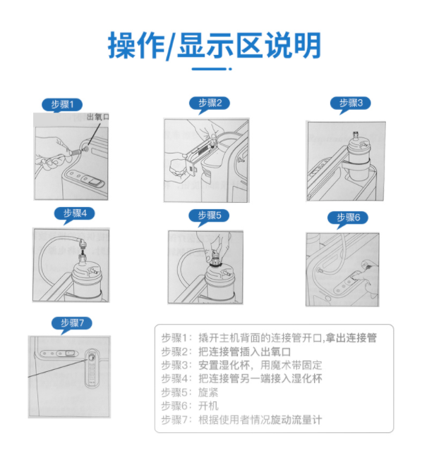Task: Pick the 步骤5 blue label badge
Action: [x=209, y=215]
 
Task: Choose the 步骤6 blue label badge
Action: [x=349, y=217]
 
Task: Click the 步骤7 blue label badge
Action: [x=72, y=323]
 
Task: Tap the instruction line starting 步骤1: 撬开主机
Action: [x=268, y=337]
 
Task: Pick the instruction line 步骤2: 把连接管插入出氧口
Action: [x=226, y=351]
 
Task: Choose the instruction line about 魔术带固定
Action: [x=241, y=365]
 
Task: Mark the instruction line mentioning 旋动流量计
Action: [x=241, y=420]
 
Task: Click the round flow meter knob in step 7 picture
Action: [x=91, y=360]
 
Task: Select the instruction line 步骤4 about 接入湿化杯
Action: [x=241, y=378]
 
